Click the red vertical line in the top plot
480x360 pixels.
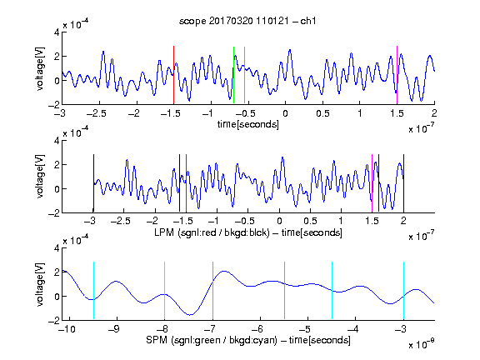coord(173,75)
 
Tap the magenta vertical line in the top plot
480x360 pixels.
coord(397,75)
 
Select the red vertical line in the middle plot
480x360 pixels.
coord(186,183)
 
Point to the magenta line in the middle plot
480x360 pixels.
coord(372,183)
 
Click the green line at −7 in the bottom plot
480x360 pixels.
coord(212,291)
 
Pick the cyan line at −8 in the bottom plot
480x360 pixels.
coord(165,291)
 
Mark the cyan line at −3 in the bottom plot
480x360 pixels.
coord(403,291)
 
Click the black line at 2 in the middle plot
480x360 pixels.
coord(403,183)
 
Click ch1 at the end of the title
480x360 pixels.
coord(307,21)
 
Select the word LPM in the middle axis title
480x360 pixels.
coord(164,232)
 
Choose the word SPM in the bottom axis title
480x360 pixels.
coord(157,340)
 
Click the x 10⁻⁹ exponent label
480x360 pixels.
coord(421,344)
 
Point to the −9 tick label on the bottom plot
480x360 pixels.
coord(114,329)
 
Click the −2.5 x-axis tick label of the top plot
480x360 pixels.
coord(97,113)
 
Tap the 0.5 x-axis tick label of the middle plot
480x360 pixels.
coord(310,221)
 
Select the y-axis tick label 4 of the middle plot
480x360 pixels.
coord(57,141)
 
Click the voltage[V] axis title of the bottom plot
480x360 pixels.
coord(40,285)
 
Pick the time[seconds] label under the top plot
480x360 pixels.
coord(248,124)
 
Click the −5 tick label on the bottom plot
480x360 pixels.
coord(306,329)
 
